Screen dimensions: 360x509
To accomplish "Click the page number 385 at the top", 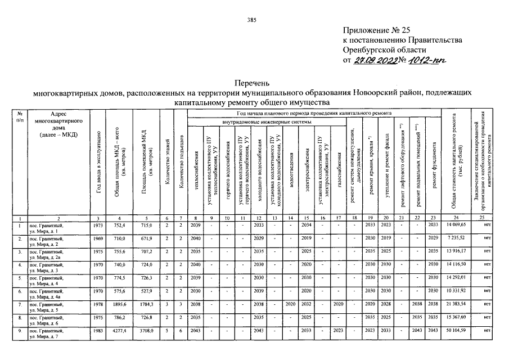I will click(x=251, y=21).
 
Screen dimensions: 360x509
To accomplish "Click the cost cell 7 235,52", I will click(x=457, y=239).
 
